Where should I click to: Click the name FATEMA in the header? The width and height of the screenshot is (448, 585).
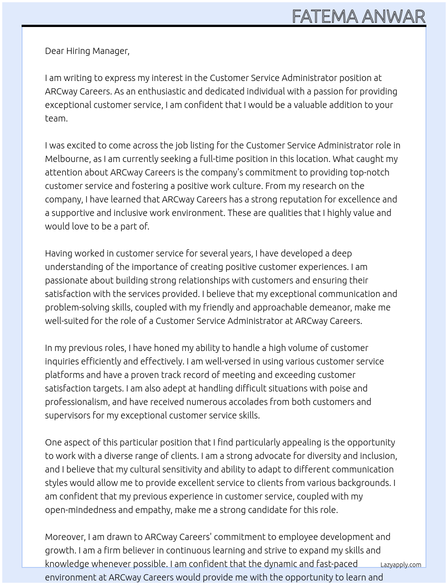click(x=325, y=17)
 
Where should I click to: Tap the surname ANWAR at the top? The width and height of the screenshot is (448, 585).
click(x=393, y=17)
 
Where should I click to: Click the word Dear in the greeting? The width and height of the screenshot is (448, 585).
click(x=54, y=51)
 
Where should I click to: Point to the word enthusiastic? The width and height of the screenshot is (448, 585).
click(x=161, y=91)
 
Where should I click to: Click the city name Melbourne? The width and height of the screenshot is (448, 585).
click(x=67, y=159)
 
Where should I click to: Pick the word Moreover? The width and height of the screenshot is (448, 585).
click(x=65, y=537)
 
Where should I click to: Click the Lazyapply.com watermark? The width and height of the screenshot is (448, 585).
click(x=400, y=565)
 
